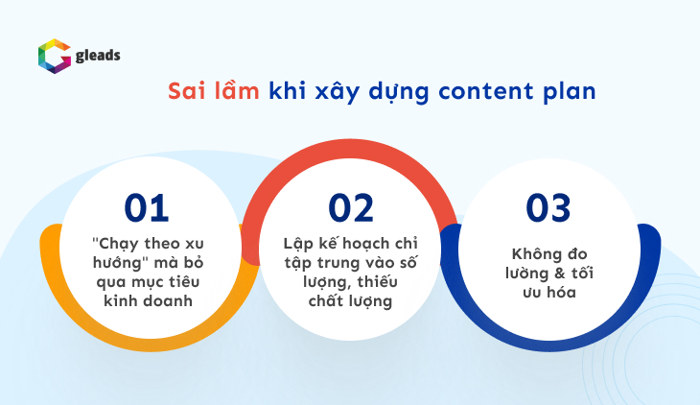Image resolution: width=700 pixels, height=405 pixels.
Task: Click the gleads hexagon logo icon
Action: click(x=53, y=55)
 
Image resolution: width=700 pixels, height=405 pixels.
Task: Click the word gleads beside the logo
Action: click(x=98, y=56)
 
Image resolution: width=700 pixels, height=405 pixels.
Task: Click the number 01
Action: click(x=146, y=208)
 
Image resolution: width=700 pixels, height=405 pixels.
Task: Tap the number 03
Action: click(x=548, y=208)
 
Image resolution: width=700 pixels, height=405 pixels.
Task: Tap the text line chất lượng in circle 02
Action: click(x=351, y=299)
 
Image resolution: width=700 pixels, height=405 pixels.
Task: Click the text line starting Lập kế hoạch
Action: click(x=351, y=243)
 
